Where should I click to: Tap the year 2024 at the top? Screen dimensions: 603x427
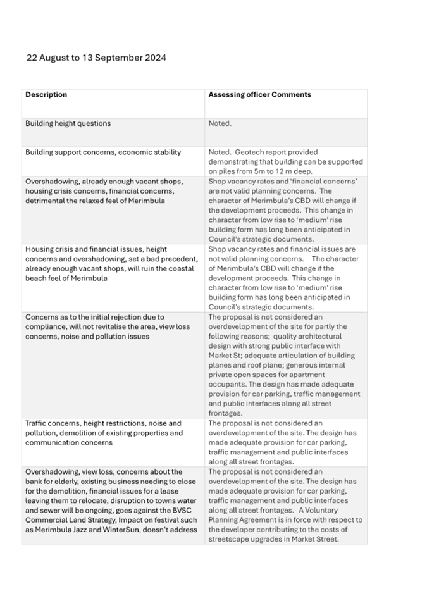tap(154, 58)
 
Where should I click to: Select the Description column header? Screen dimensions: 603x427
tap(46, 95)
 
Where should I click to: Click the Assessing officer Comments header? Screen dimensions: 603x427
tap(259, 95)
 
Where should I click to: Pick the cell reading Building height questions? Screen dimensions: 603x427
tap(68, 123)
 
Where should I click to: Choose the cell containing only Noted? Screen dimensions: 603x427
tap(220, 123)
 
